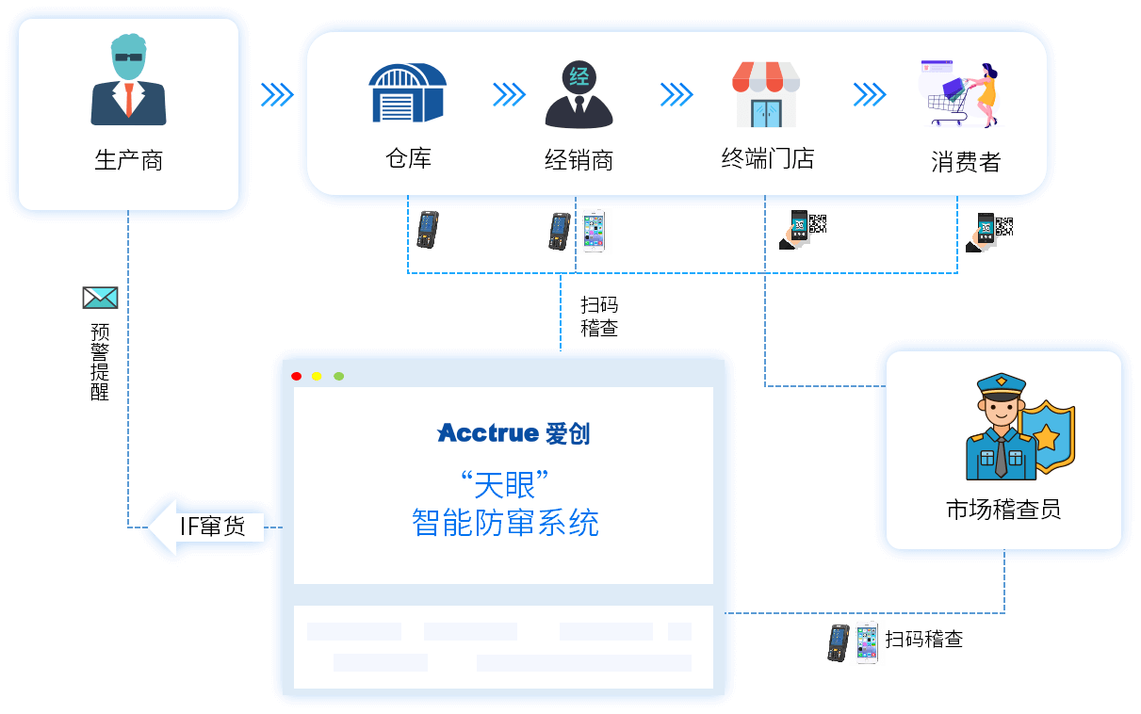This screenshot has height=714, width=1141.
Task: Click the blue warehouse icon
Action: (x=407, y=92)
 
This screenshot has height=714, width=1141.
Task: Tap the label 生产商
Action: (x=129, y=160)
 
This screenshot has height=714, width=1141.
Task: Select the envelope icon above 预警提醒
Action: (x=101, y=298)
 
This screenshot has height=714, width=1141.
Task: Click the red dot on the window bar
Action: (x=297, y=377)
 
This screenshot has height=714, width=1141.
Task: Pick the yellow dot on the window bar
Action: (x=317, y=377)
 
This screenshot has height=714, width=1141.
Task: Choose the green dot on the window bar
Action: (x=339, y=377)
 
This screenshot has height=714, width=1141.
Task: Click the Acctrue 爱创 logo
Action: (x=513, y=433)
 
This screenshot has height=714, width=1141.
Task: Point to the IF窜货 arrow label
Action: (x=212, y=527)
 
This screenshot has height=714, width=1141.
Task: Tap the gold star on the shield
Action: (x=1046, y=437)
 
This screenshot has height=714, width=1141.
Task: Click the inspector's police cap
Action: (x=1001, y=387)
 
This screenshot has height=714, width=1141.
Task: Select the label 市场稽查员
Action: (x=1003, y=510)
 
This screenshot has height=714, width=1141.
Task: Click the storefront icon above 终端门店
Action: (x=766, y=94)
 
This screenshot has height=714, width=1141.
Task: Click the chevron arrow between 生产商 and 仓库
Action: (x=277, y=95)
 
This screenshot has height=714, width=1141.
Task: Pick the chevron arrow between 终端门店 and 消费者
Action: (x=870, y=95)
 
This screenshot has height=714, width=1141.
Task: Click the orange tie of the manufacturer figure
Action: (x=129, y=99)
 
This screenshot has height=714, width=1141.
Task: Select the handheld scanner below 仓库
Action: (x=428, y=230)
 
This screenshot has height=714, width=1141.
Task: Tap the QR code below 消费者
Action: (x=1004, y=226)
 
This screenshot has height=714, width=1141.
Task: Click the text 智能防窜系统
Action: (x=505, y=523)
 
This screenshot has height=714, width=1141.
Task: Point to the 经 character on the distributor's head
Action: (x=579, y=77)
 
